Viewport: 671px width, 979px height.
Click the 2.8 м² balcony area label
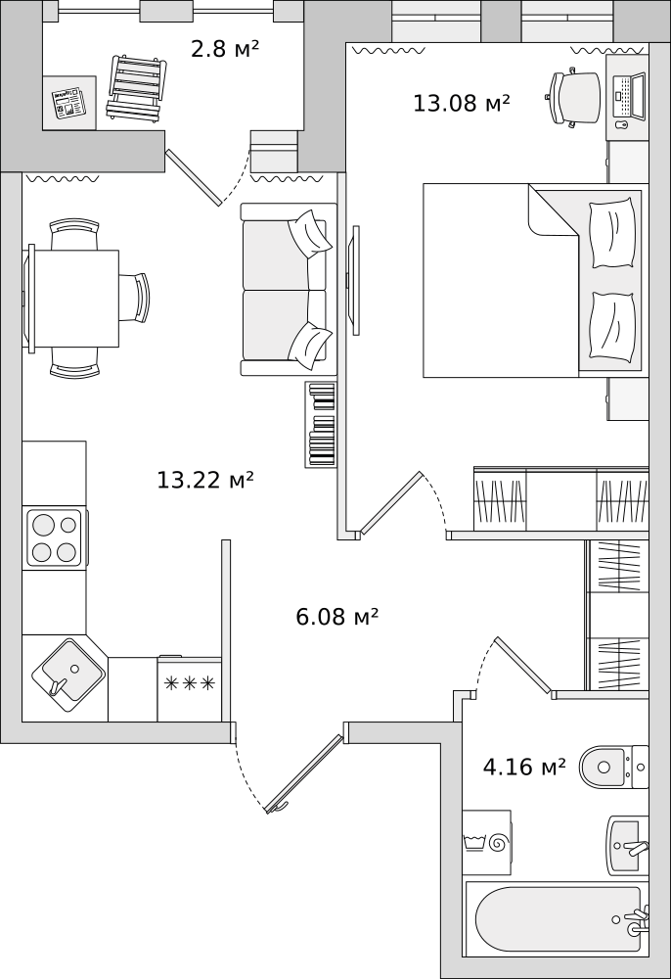point(225,49)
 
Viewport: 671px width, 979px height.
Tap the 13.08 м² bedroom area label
point(462,103)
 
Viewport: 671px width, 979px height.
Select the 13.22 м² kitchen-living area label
point(205,480)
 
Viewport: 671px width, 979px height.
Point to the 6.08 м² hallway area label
point(336,617)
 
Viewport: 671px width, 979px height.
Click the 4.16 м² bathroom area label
point(524,767)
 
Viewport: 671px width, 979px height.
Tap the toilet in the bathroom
point(613,767)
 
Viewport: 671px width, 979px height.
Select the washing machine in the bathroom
point(486,843)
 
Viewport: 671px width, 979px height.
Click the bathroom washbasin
point(628,846)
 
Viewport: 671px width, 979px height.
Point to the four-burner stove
point(55,537)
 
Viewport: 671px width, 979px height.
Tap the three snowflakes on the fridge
point(190,683)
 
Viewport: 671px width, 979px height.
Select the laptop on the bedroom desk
point(629,96)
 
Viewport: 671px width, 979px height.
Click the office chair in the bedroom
point(573,97)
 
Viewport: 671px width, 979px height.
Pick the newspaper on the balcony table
point(68,103)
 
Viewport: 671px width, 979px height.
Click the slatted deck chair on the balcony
point(137,87)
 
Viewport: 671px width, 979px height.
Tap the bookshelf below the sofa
point(321,425)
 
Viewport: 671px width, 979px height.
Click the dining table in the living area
point(73,299)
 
